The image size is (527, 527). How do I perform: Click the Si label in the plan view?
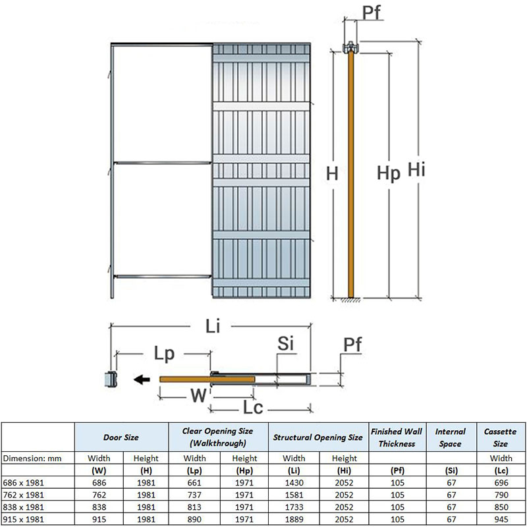click(x=285, y=345)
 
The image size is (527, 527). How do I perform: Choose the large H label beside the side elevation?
click(x=333, y=174)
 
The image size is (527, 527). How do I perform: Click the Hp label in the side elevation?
click(x=389, y=173)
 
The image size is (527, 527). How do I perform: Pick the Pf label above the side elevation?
click(x=372, y=14)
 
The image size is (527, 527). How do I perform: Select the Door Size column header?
click(x=121, y=437)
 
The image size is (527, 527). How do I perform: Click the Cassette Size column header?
click(x=501, y=437)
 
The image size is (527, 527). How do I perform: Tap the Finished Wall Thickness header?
click(x=397, y=437)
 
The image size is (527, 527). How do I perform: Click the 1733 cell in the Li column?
click(x=294, y=507)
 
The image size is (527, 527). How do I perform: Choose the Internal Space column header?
click(x=451, y=437)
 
